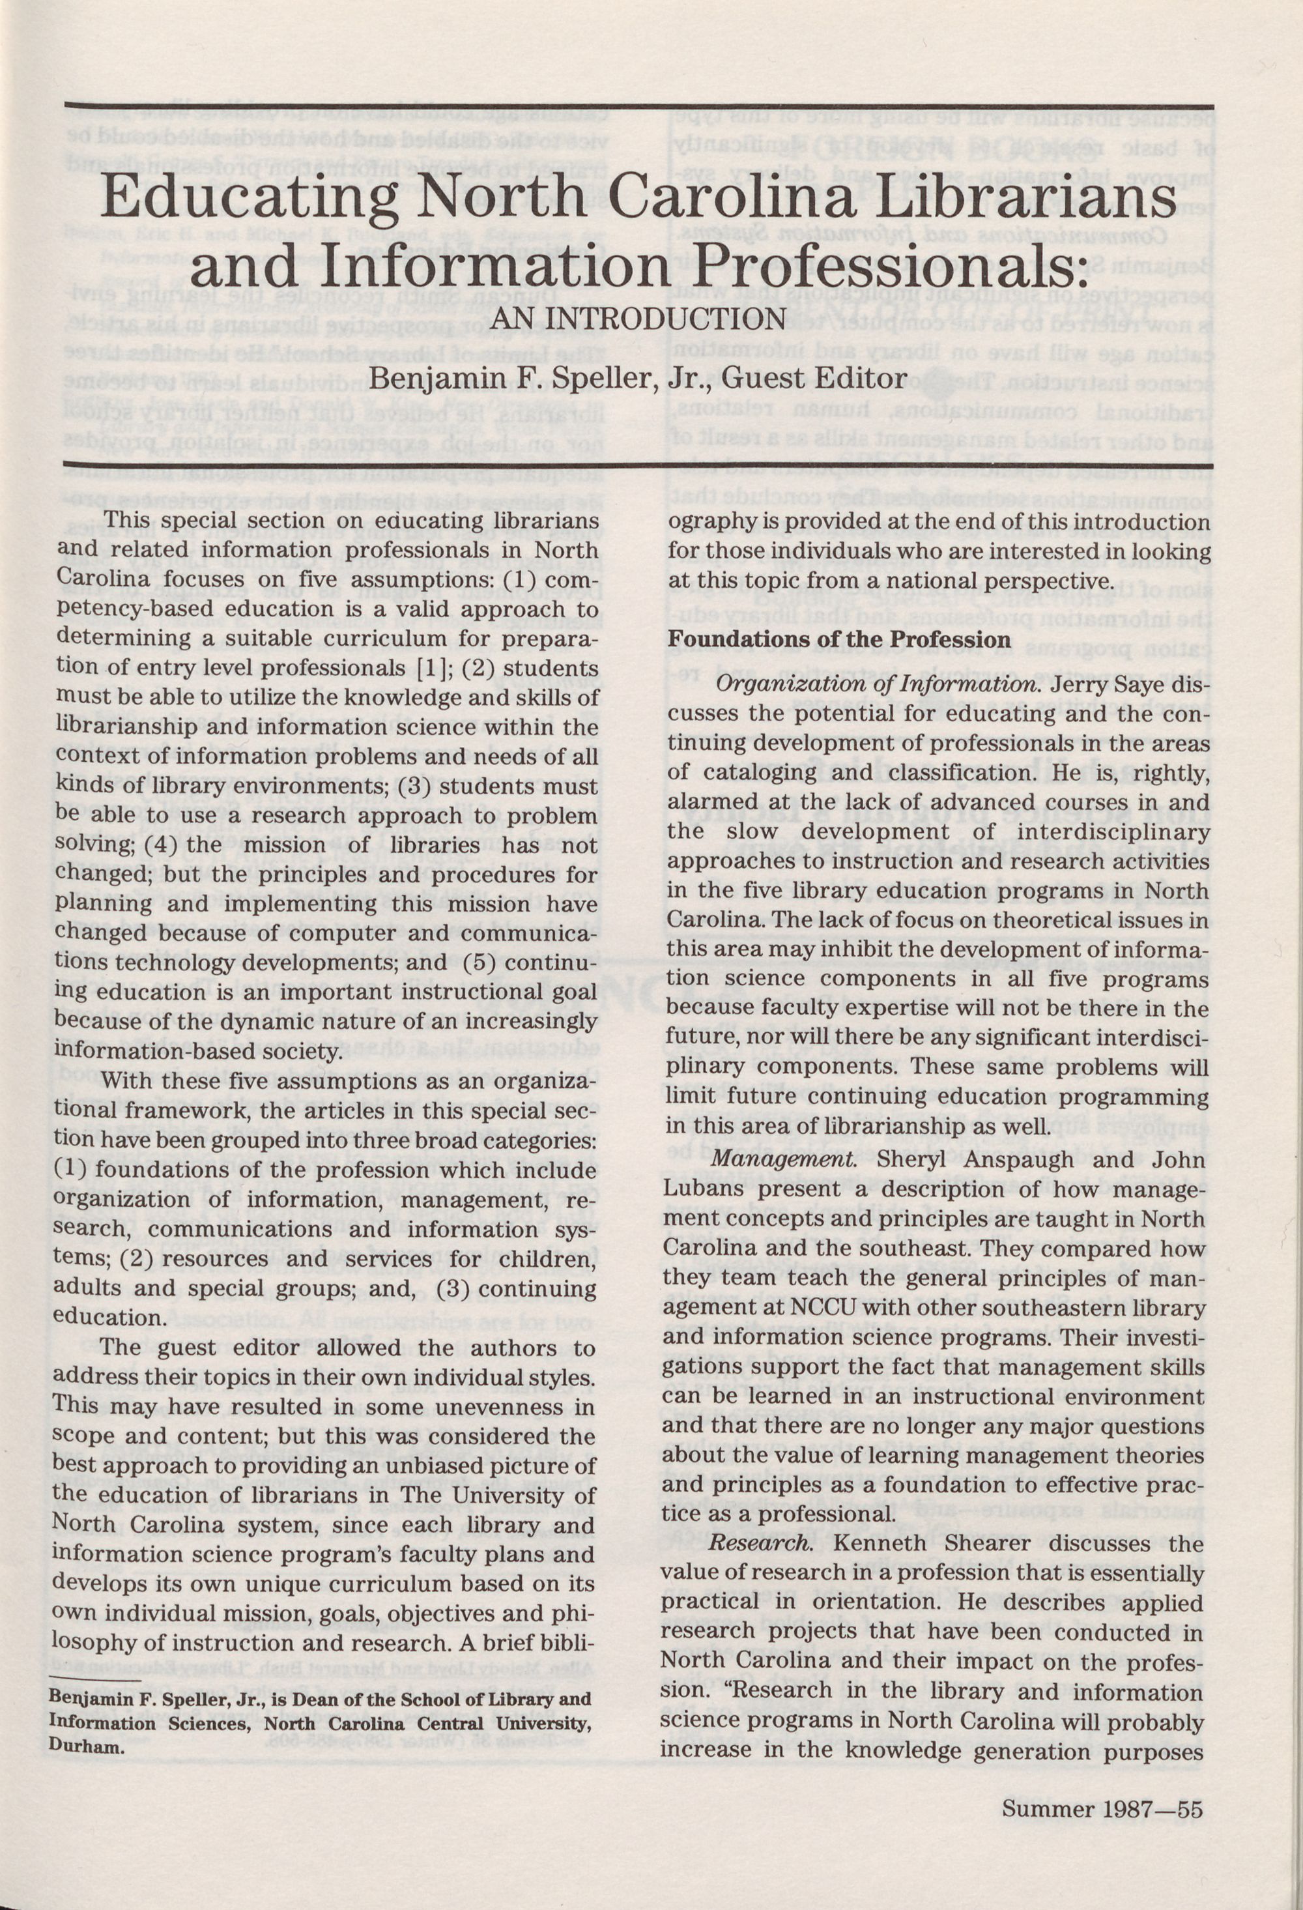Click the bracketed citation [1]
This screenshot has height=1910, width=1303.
431,667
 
